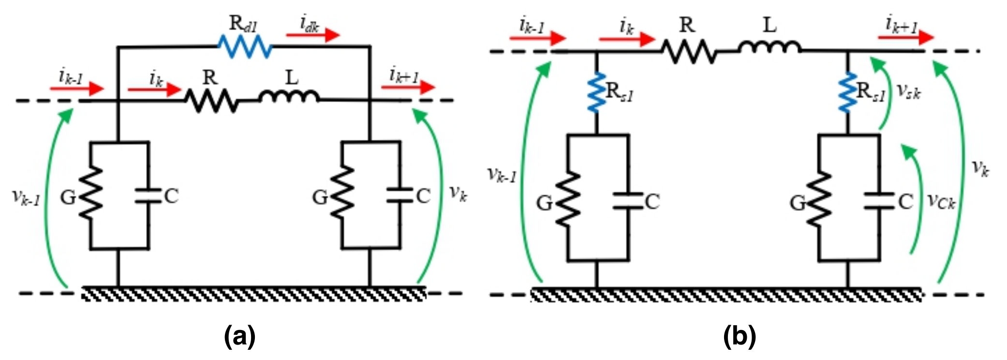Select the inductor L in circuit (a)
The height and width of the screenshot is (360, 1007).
(x=289, y=97)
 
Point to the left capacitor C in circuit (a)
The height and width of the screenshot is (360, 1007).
(x=148, y=195)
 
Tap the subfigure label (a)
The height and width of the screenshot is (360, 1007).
(x=239, y=336)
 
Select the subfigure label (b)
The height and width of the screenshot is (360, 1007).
(x=740, y=336)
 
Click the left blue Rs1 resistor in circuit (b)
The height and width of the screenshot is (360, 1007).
(x=597, y=92)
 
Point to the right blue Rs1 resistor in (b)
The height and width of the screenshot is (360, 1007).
(x=848, y=92)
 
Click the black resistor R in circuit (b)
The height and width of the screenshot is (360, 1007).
(x=689, y=51)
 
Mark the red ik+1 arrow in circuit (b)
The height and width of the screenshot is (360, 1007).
(x=905, y=37)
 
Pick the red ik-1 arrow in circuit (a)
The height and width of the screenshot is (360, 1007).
(x=77, y=89)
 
